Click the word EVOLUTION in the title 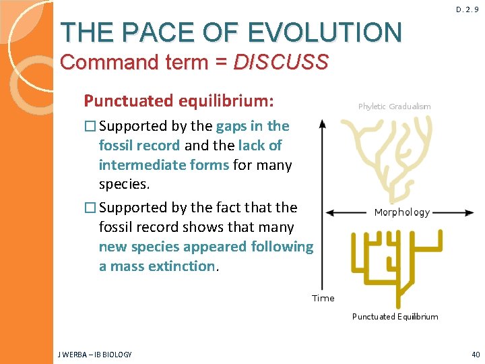[x=325, y=32]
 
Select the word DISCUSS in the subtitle [x=280, y=63]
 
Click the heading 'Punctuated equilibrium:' [x=179, y=101]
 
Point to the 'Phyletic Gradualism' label [x=394, y=107]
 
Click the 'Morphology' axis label [x=401, y=212]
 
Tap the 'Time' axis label [x=323, y=298]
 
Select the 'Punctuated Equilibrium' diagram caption [x=395, y=317]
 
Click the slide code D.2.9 [x=467, y=10]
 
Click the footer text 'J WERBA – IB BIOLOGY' [x=95, y=355]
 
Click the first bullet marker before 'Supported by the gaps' [x=89, y=126]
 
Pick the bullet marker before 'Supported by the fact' [x=89, y=207]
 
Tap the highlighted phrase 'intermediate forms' [x=164, y=165]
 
